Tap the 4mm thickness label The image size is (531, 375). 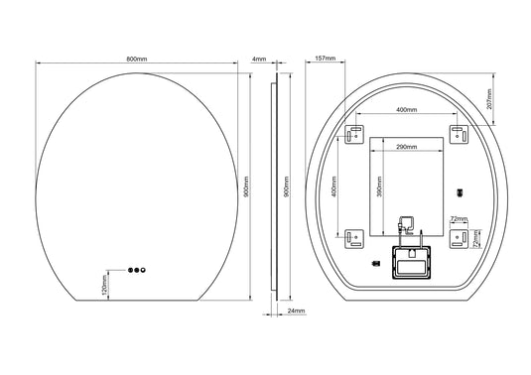click(x=260, y=59)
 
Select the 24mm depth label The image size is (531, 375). click(x=295, y=311)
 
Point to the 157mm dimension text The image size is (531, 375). click(x=323, y=59)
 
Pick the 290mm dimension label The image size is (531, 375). click(x=406, y=148)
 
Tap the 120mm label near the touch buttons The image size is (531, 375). click(x=105, y=289)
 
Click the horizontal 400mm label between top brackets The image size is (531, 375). click(x=406, y=109)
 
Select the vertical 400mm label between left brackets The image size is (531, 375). click(x=334, y=186)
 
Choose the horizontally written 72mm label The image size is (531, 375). click(x=458, y=217)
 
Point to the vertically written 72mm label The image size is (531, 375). click(x=475, y=239)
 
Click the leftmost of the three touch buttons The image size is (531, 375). click(x=126, y=269)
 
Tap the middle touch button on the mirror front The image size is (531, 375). click(x=135, y=269)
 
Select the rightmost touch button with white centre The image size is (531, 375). click(x=144, y=269)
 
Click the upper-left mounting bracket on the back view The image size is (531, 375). click(x=353, y=133)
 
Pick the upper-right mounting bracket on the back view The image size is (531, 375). click(x=458, y=133)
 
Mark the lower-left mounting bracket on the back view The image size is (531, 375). click(x=353, y=237)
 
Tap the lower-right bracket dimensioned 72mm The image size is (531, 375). click(x=458, y=237)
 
